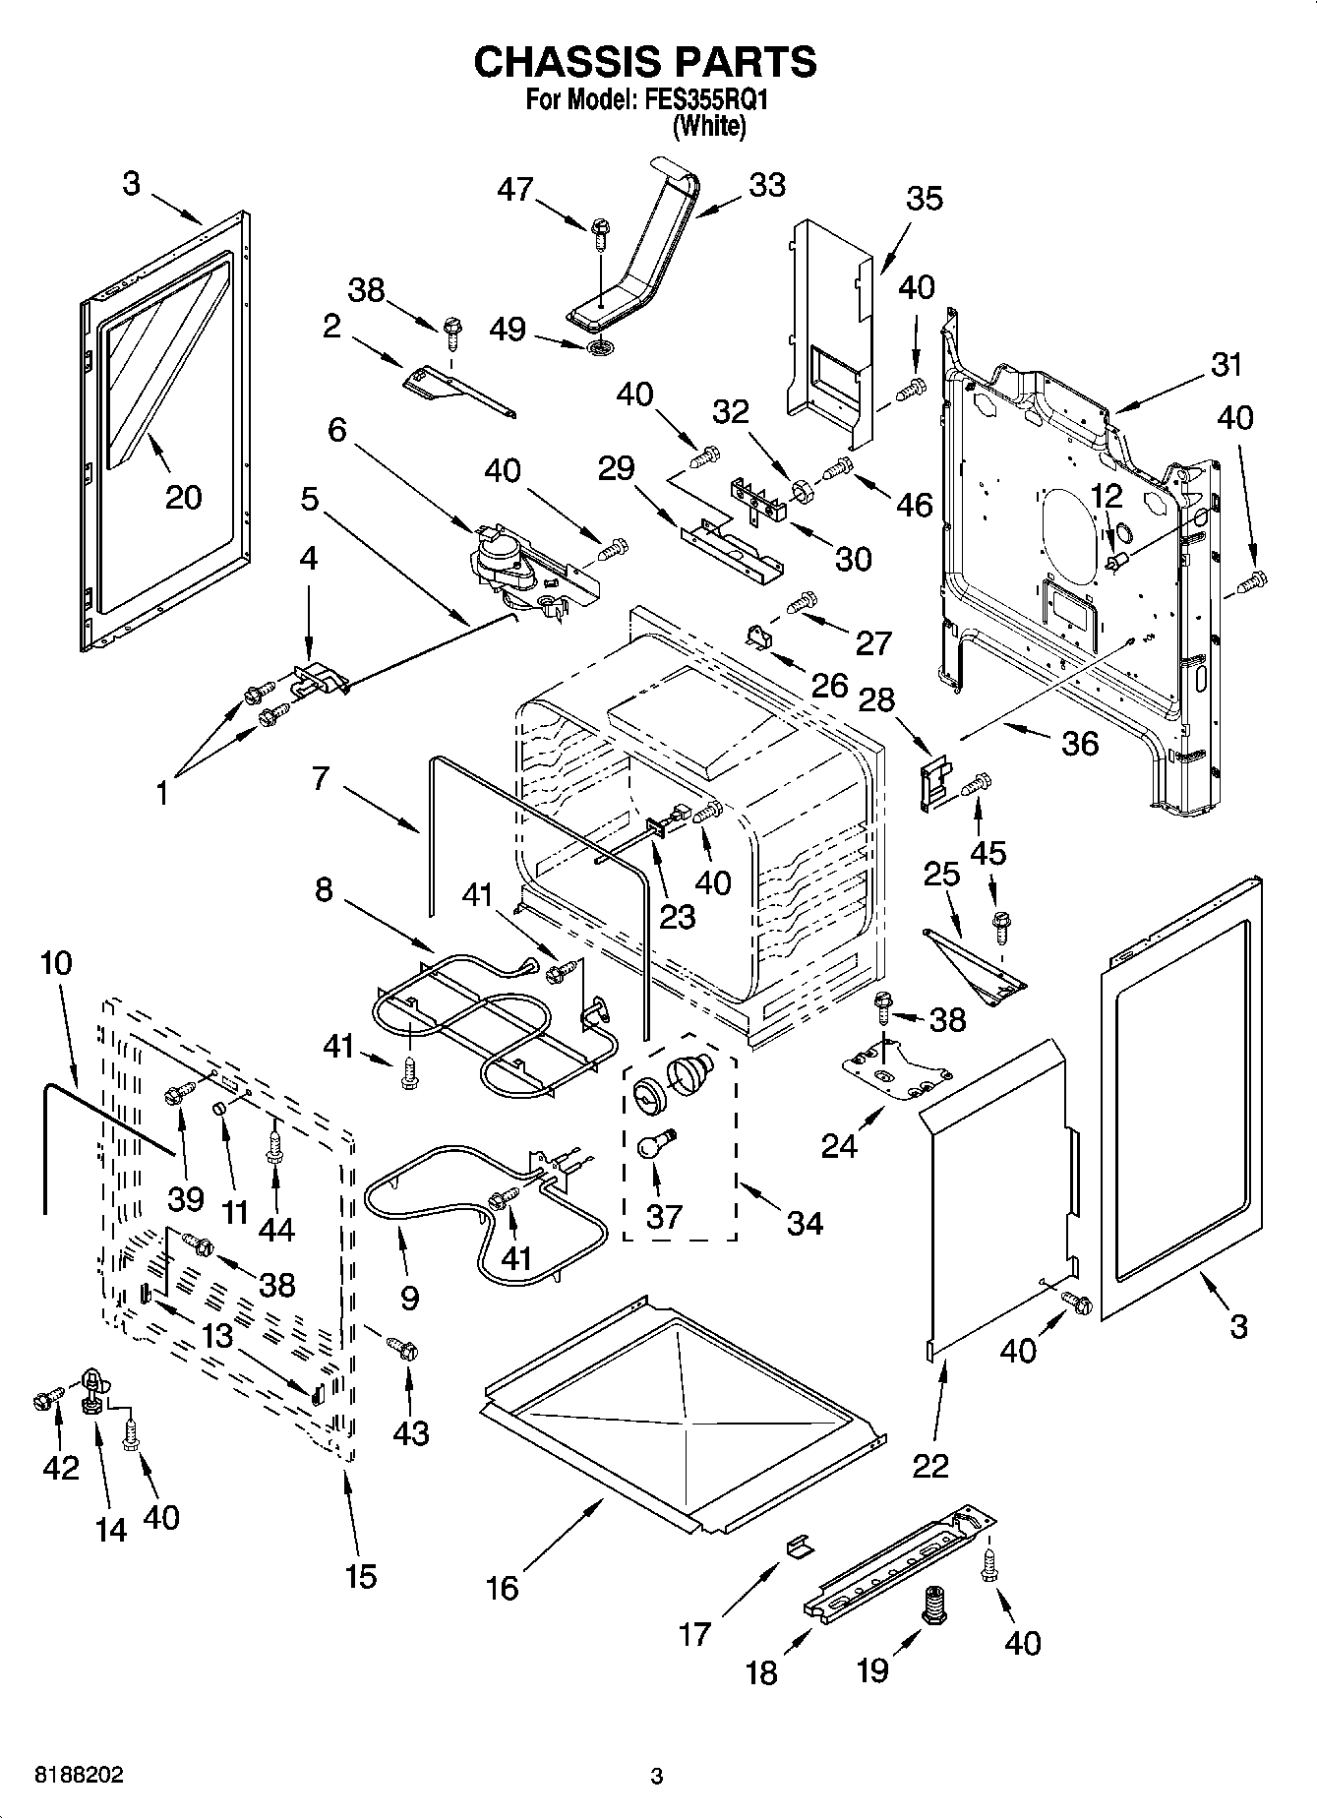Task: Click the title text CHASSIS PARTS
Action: tap(644, 62)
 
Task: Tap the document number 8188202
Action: tap(79, 1776)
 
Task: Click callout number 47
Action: tap(515, 188)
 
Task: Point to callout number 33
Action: tap(767, 185)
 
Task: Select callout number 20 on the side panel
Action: tap(183, 497)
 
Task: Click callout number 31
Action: tap(1227, 365)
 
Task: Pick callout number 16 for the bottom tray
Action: tap(502, 1587)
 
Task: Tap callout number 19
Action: tap(872, 1669)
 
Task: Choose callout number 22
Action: tap(930, 1465)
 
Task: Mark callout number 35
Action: tap(924, 198)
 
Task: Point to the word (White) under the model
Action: tap(708, 126)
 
